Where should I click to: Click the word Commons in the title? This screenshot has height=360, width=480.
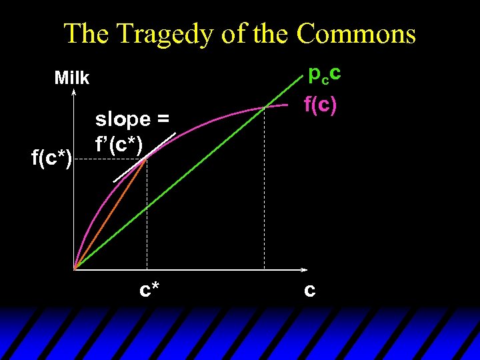click(x=356, y=33)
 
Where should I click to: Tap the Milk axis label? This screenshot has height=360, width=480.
click(x=72, y=78)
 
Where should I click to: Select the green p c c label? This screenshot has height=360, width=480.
click(x=325, y=73)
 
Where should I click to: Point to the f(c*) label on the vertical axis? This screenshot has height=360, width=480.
click(x=52, y=159)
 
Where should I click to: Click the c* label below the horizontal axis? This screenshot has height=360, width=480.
click(x=149, y=290)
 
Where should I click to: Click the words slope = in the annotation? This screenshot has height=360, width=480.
click(x=132, y=119)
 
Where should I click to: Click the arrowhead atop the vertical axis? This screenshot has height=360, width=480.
click(x=73, y=93)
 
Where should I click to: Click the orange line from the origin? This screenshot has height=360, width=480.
click(x=110, y=213)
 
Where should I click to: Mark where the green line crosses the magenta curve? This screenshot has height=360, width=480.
click(x=265, y=107)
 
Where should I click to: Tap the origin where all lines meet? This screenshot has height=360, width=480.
click(x=74, y=269)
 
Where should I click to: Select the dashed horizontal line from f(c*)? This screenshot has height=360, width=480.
click(x=110, y=159)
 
